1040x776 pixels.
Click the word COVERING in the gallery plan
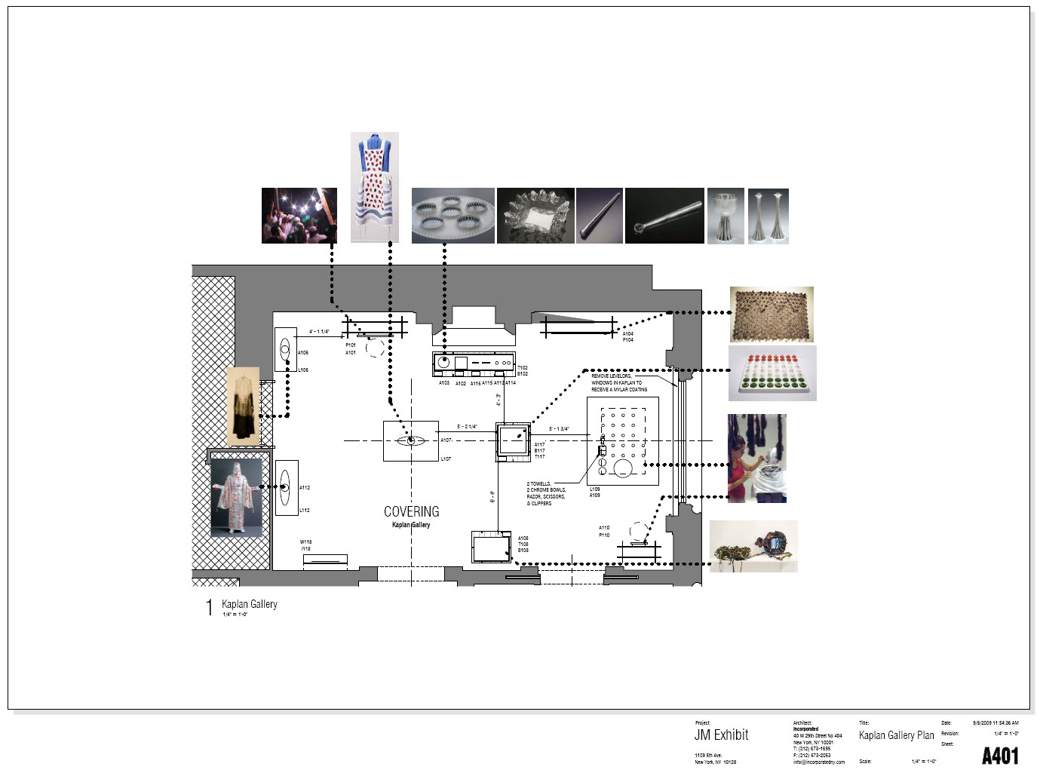click(x=411, y=511)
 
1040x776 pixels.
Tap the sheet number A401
click(x=999, y=756)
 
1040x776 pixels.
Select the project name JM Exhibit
click(x=721, y=735)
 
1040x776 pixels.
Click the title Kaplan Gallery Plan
click(x=896, y=735)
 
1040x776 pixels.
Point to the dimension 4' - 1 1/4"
click(x=319, y=332)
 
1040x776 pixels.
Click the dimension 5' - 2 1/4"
click(x=467, y=427)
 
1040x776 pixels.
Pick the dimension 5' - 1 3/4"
click(x=559, y=429)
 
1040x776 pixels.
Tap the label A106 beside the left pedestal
click(x=303, y=353)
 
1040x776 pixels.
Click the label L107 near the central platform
click(x=446, y=459)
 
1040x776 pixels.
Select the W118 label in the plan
click(x=305, y=542)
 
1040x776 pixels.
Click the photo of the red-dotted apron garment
click(x=374, y=187)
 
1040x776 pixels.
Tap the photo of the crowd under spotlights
click(x=299, y=216)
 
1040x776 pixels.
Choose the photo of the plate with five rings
click(x=453, y=216)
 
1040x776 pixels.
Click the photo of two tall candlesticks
click(x=768, y=216)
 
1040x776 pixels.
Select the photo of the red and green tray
click(x=772, y=373)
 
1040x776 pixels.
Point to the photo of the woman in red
click(x=756, y=458)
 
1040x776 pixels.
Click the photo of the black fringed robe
click(x=243, y=406)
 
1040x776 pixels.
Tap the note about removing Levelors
click(x=618, y=382)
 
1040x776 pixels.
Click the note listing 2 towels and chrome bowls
click(x=546, y=493)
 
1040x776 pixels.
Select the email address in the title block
click(x=818, y=762)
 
